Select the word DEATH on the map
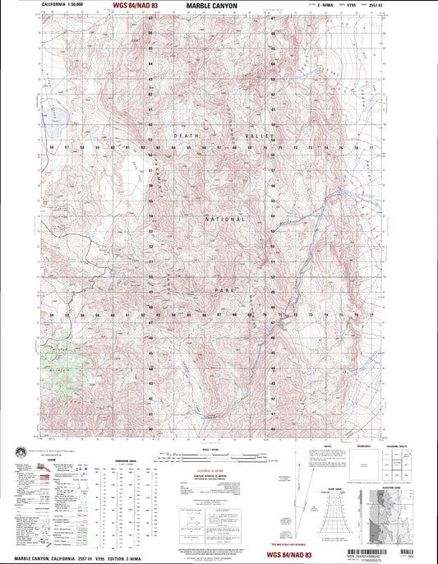(x=185, y=134)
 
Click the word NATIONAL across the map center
(x=224, y=221)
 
